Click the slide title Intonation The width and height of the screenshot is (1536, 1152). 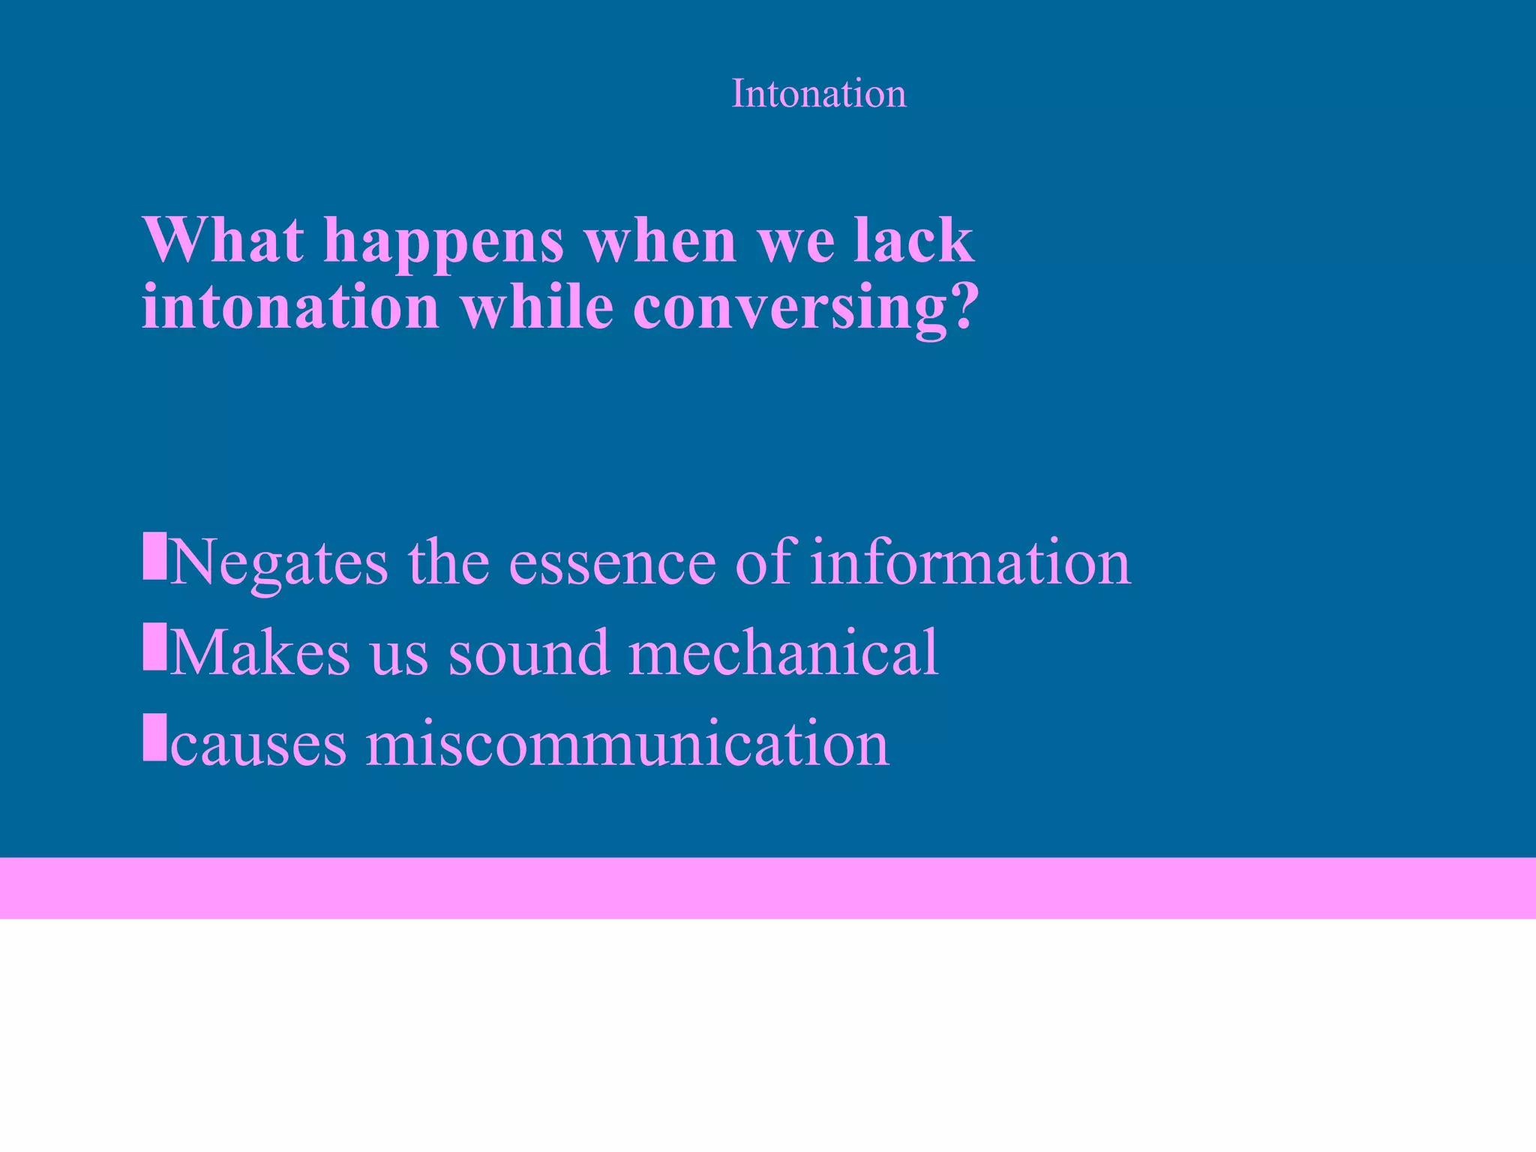[818, 94]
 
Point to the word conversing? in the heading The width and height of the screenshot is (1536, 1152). [805, 307]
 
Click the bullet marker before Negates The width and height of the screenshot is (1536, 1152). [154, 556]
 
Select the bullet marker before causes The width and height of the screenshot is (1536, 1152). [154, 737]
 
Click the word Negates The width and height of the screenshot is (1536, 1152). [279, 562]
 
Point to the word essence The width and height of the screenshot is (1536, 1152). [612, 562]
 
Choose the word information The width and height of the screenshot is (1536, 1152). [970, 562]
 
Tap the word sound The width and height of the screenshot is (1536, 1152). [528, 652]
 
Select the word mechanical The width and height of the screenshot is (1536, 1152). [783, 652]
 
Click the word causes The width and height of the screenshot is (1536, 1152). [259, 744]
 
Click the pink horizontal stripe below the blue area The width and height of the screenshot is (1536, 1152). [768, 888]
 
